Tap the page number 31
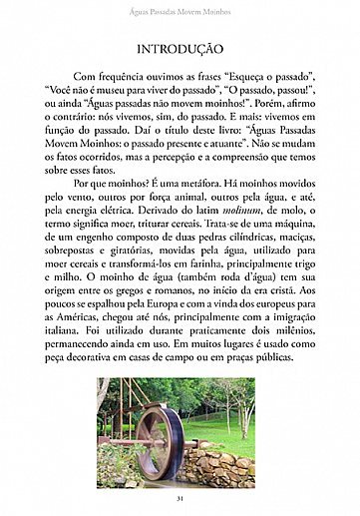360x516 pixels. click(180, 498)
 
